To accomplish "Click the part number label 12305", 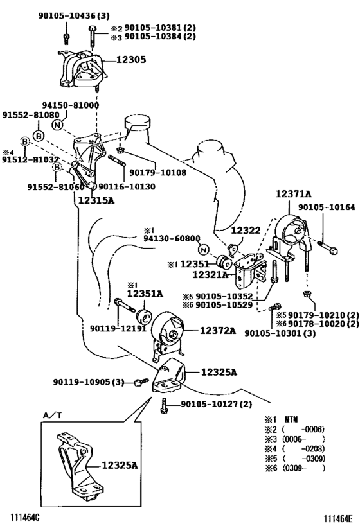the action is (131, 60).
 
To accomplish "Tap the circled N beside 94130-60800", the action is (203, 250).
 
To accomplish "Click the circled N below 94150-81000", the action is (57, 125).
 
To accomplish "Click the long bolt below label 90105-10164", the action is (327, 247).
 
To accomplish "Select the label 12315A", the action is (96, 200).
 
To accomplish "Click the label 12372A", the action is (218, 331).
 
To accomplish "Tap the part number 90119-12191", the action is (118, 328).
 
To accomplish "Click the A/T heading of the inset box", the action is (52, 415).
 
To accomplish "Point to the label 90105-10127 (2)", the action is (216, 404).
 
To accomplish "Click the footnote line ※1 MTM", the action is (282, 419).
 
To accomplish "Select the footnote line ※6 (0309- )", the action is (295, 468).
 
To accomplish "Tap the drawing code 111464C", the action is (25, 517).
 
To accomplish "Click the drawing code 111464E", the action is (338, 519).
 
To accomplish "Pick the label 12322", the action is (246, 231).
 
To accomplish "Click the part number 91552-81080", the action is (31, 115).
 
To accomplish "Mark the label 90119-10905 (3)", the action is (88, 381).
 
